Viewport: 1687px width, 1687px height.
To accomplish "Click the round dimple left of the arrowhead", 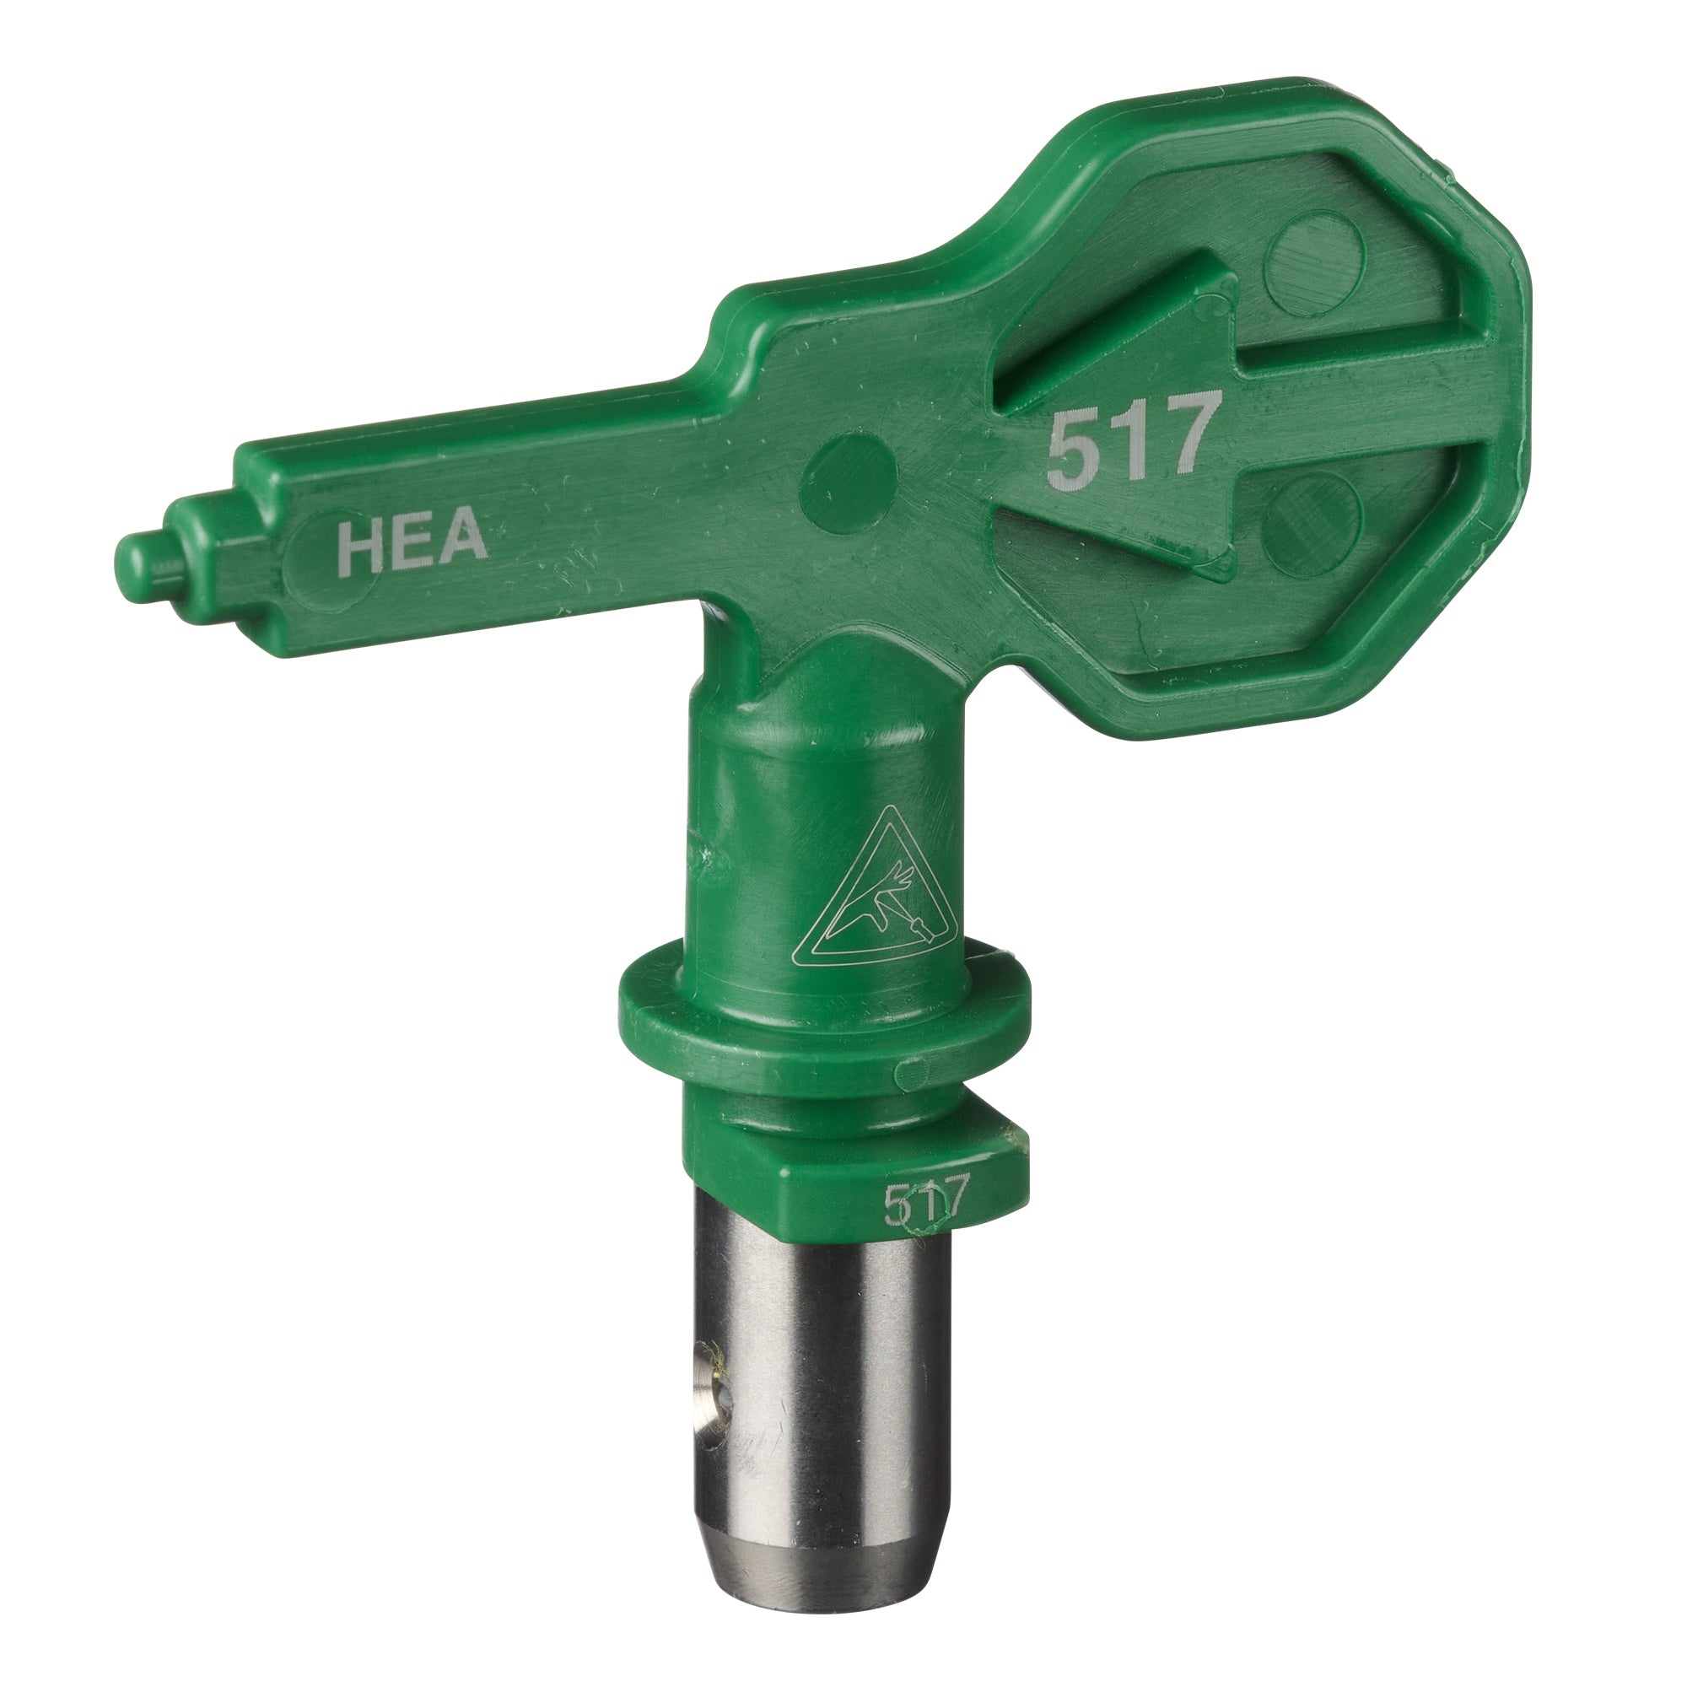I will pyautogui.click(x=848, y=471).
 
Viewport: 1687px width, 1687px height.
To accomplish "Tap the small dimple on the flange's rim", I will pyautogui.click(x=914, y=1069).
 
